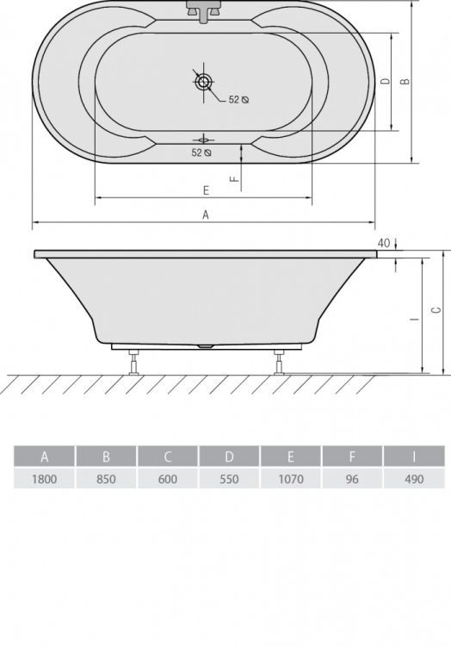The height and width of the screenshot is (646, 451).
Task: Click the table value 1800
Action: pyautogui.click(x=45, y=479)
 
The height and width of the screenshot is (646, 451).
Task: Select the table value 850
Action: pyautogui.click(x=106, y=479)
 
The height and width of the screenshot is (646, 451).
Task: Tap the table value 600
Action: pyautogui.click(x=168, y=479)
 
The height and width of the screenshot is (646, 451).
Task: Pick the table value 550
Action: pyautogui.click(x=229, y=479)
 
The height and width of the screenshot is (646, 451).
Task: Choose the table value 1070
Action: pyautogui.click(x=291, y=479)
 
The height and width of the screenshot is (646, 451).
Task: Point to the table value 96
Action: pyautogui.click(x=352, y=479)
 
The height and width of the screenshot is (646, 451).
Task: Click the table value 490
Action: pyautogui.click(x=414, y=479)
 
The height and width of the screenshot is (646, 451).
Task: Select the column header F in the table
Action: pyautogui.click(x=352, y=457)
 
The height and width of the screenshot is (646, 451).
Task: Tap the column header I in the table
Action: pyautogui.click(x=414, y=457)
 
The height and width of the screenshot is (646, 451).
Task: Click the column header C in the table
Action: pyautogui.click(x=168, y=457)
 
